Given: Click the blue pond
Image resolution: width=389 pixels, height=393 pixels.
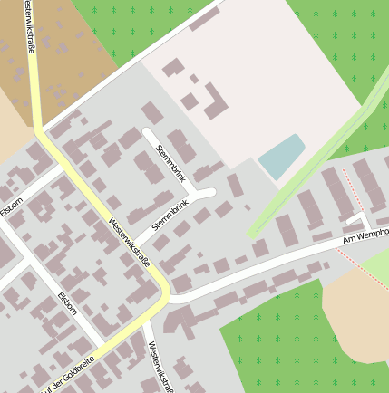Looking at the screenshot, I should (x=282, y=156).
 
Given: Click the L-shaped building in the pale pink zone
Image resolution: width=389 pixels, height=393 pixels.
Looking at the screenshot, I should (x=215, y=102).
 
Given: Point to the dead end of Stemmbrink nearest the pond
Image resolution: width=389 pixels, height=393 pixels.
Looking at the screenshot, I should (x=212, y=191).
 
